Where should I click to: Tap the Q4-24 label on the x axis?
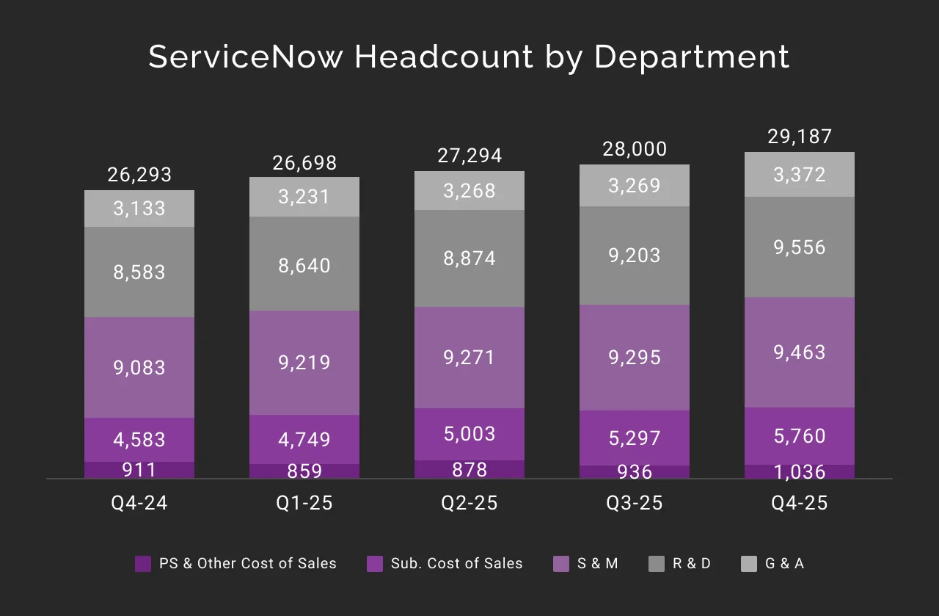(139, 503)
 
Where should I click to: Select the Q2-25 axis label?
(469, 503)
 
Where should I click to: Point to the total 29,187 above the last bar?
(800, 137)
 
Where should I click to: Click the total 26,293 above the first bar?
(139, 175)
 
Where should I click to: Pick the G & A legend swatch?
(749, 564)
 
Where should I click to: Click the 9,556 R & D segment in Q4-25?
(800, 247)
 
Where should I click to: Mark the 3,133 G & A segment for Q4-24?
(139, 209)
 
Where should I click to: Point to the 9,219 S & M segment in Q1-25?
(304, 363)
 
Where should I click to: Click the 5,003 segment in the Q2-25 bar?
(469, 434)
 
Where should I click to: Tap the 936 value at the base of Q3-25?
(635, 471)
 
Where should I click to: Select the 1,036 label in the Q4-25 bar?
(800, 471)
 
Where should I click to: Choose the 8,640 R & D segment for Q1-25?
(304, 264)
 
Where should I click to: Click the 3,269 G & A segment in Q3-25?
(635, 185)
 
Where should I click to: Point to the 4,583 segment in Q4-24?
(139, 440)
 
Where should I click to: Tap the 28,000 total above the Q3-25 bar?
(635, 149)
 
